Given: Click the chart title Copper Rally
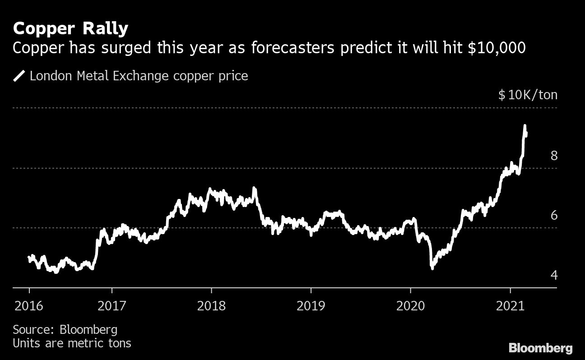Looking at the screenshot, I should pyautogui.click(x=70, y=29).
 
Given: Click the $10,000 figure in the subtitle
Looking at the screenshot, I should pyautogui.click(x=497, y=48).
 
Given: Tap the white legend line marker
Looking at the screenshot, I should pyautogui.click(x=19, y=76).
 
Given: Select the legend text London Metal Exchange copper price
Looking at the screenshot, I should pyautogui.click(x=139, y=76).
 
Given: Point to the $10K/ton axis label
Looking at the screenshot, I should pyautogui.click(x=528, y=95).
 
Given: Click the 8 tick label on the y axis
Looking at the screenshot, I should pyautogui.click(x=554, y=156).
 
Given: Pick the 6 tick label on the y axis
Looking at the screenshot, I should pyautogui.click(x=554, y=216).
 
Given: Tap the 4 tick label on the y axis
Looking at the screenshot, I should pyautogui.click(x=554, y=275).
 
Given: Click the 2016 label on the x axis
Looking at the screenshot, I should pyautogui.click(x=29, y=306).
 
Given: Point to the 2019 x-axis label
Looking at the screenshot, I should pyautogui.click(x=311, y=306).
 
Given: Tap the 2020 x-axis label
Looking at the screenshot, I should pyautogui.click(x=410, y=306).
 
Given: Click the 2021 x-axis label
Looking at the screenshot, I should pyautogui.click(x=510, y=306).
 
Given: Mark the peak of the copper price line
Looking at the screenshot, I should pyautogui.click(x=525, y=126).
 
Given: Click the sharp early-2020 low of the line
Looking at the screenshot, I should pyautogui.click(x=432, y=268).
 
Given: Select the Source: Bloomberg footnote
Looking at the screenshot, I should pyautogui.click(x=65, y=329).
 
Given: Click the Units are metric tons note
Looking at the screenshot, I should pyautogui.click(x=72, y=343).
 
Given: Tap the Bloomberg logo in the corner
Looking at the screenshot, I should pyautogui.click(x=540, y=348).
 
